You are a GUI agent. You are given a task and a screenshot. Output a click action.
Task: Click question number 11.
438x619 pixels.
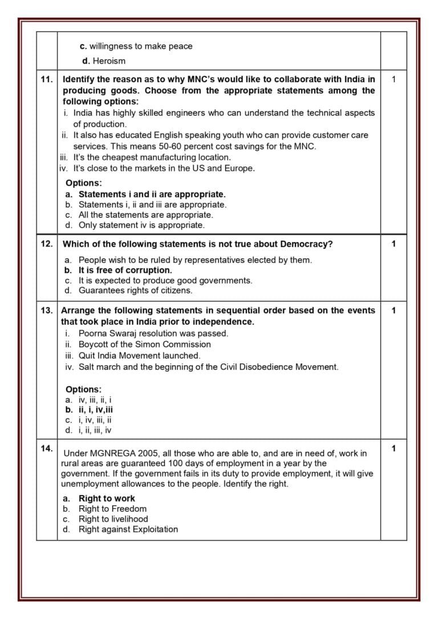pos(47,80)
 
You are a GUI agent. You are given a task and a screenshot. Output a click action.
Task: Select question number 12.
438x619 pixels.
pos(47,244)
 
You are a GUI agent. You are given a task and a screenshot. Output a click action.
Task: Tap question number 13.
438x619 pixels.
pos(47,311)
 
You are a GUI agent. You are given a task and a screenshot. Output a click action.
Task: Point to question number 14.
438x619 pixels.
pos(47,448)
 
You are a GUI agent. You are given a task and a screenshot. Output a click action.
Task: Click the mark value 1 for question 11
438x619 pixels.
pos(394,80)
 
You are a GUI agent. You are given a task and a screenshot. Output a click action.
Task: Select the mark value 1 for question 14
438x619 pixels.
pos(394,449)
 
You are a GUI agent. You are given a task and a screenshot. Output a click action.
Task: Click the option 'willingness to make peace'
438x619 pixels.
pos(141,46)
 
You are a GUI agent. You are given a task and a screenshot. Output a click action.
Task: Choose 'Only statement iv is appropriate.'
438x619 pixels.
pos(141,225)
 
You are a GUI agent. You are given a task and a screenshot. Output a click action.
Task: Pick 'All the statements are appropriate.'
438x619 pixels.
pos(145,215)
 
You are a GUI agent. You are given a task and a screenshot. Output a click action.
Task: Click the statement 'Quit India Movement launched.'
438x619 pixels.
pos(139,355)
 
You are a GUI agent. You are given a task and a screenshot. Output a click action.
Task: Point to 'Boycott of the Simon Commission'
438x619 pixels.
pos(144,344)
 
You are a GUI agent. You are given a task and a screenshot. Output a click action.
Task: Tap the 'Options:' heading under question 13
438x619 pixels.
pos(83,389)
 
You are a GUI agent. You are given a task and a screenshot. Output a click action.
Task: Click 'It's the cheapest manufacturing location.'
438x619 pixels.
pos(152,157)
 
